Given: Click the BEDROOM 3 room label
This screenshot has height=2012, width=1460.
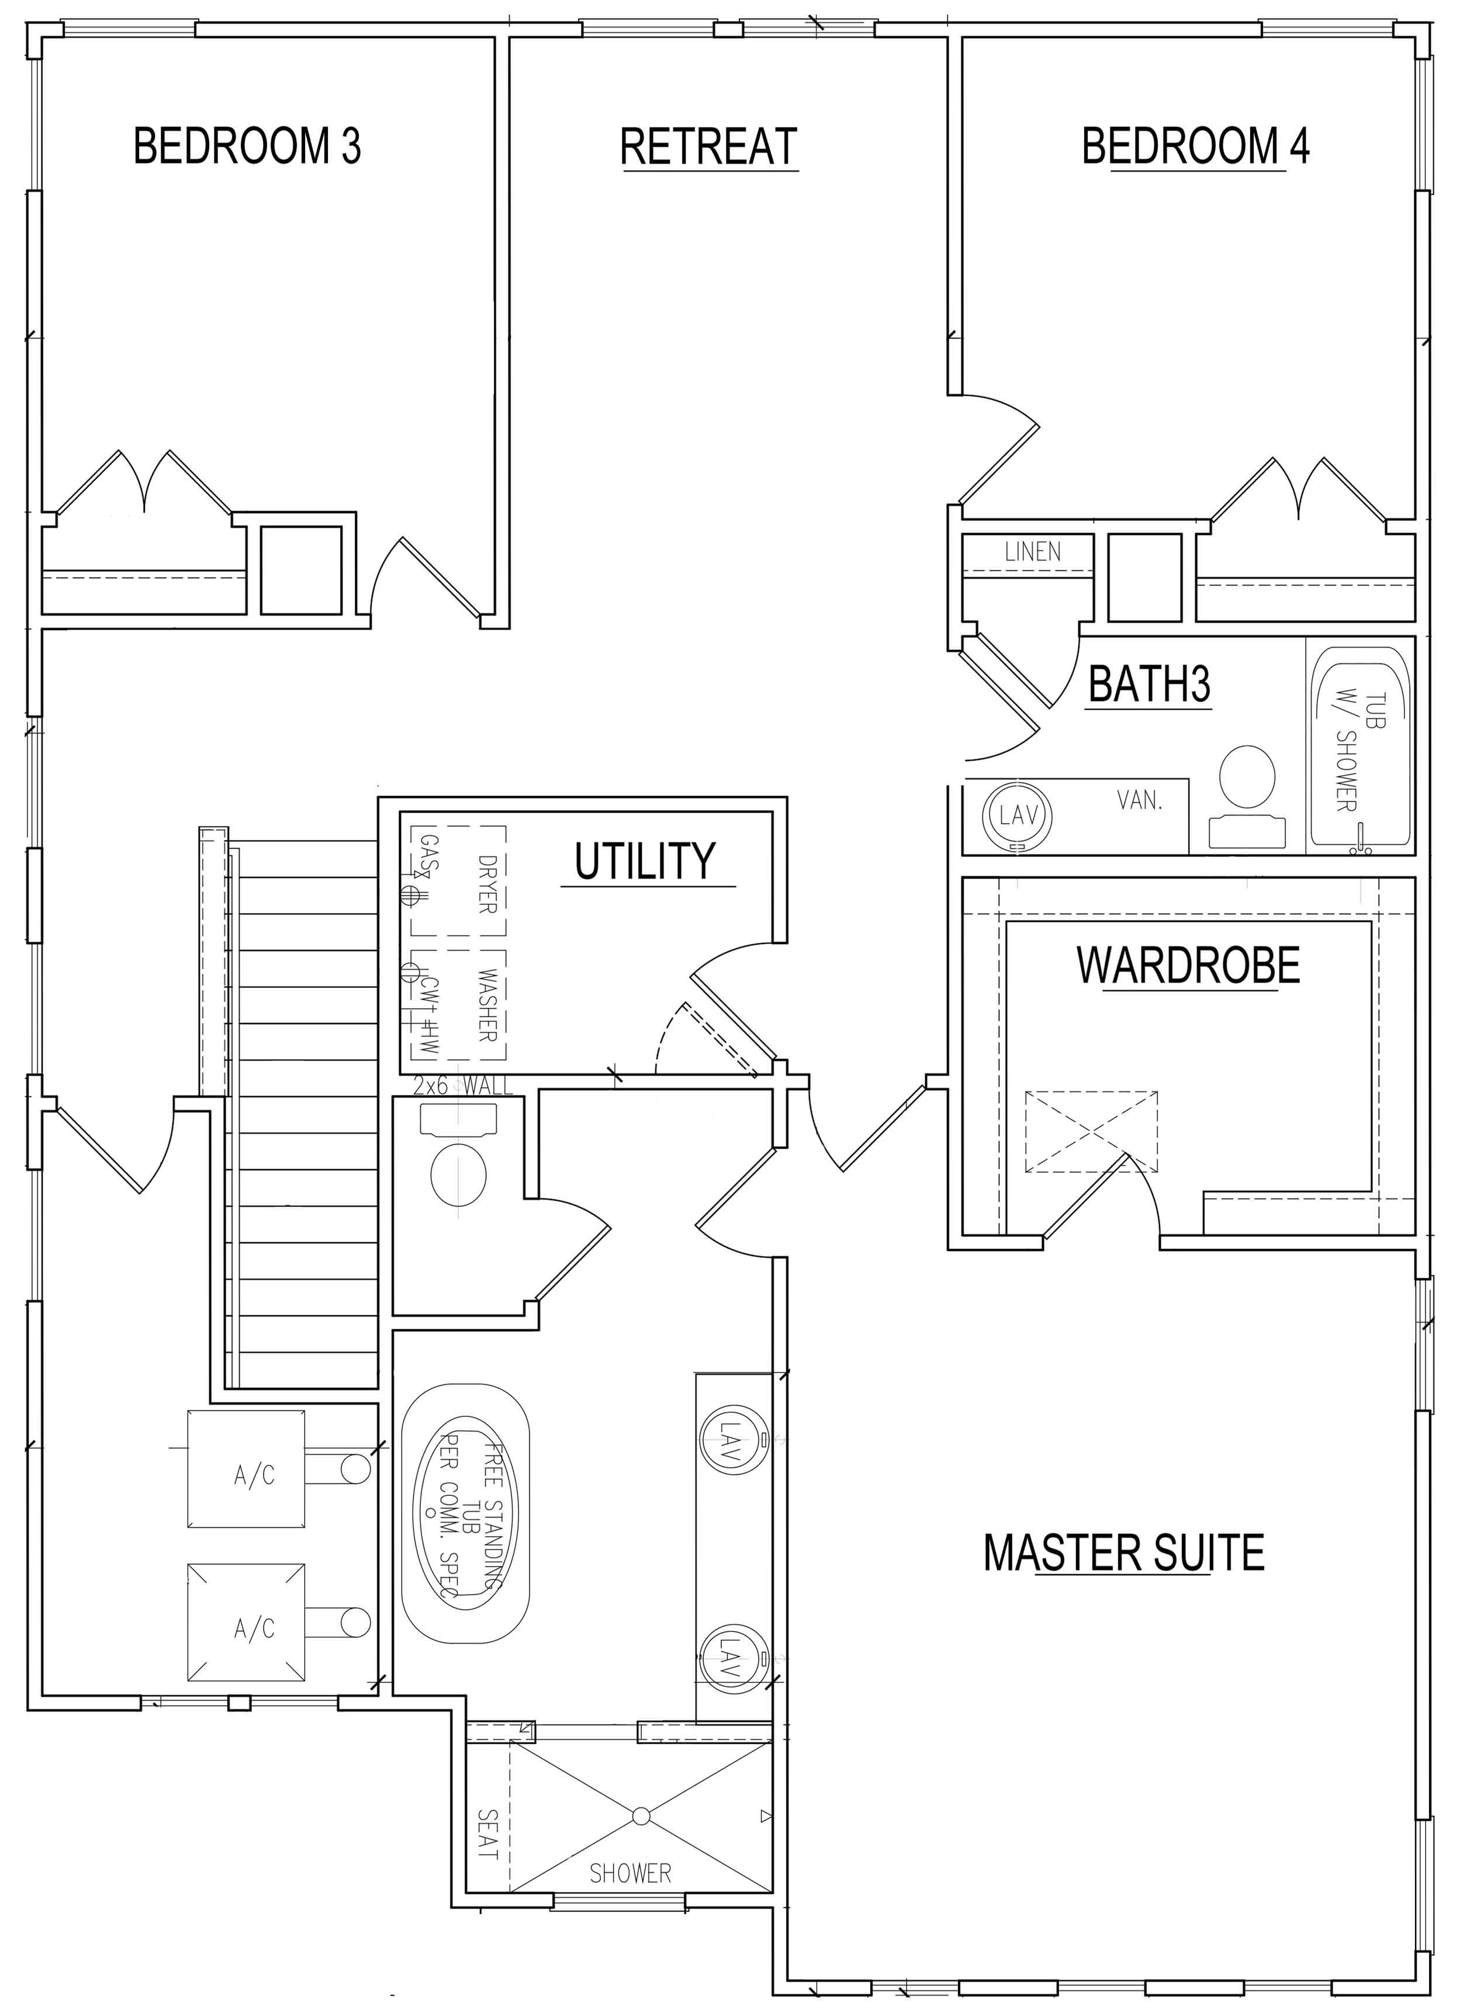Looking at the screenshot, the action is click(247, 146).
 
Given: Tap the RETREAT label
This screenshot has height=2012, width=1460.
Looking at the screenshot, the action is click(709, 146).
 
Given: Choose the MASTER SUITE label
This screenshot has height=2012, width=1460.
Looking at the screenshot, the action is click(1124, 1553).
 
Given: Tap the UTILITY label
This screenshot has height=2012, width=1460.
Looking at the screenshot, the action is click(645, 860).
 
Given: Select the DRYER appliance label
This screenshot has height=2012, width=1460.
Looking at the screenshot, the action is click(486, 884).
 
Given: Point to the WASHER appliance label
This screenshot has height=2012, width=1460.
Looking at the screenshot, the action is click(486, 1005).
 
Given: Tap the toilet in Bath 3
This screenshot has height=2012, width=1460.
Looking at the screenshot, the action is click(1247, 796).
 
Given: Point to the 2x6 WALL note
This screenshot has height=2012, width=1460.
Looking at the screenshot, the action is click(463, 1085).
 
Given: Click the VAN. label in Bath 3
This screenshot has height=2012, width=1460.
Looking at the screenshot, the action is click(1140, 801).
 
